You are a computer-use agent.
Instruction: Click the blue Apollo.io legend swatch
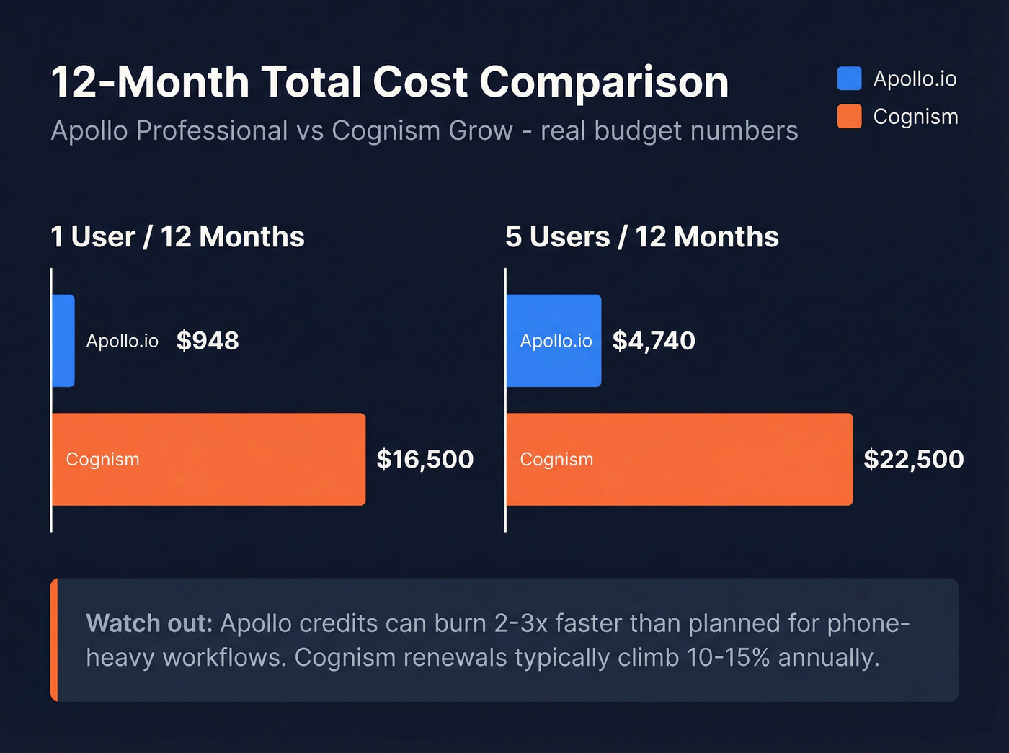[849, 79]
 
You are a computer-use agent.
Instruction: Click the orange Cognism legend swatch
[849, 117]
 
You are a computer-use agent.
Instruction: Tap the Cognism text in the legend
[915, 117]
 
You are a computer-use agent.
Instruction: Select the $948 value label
[208, 341]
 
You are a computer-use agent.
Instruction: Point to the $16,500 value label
[425, 460]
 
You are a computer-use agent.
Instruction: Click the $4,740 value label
[654, 341]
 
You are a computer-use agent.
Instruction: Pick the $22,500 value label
[913, 460]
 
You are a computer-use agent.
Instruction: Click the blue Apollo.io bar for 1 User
[63, 341]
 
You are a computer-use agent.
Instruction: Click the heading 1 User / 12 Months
[177, 237]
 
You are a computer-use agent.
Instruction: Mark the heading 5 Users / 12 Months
[641, 237]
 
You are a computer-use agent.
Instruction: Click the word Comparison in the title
[604, 82]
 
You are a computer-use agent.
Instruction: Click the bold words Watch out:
[149, 623]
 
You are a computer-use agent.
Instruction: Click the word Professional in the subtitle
[212, 131]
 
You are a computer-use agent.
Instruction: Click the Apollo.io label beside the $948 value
[122, 341]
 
